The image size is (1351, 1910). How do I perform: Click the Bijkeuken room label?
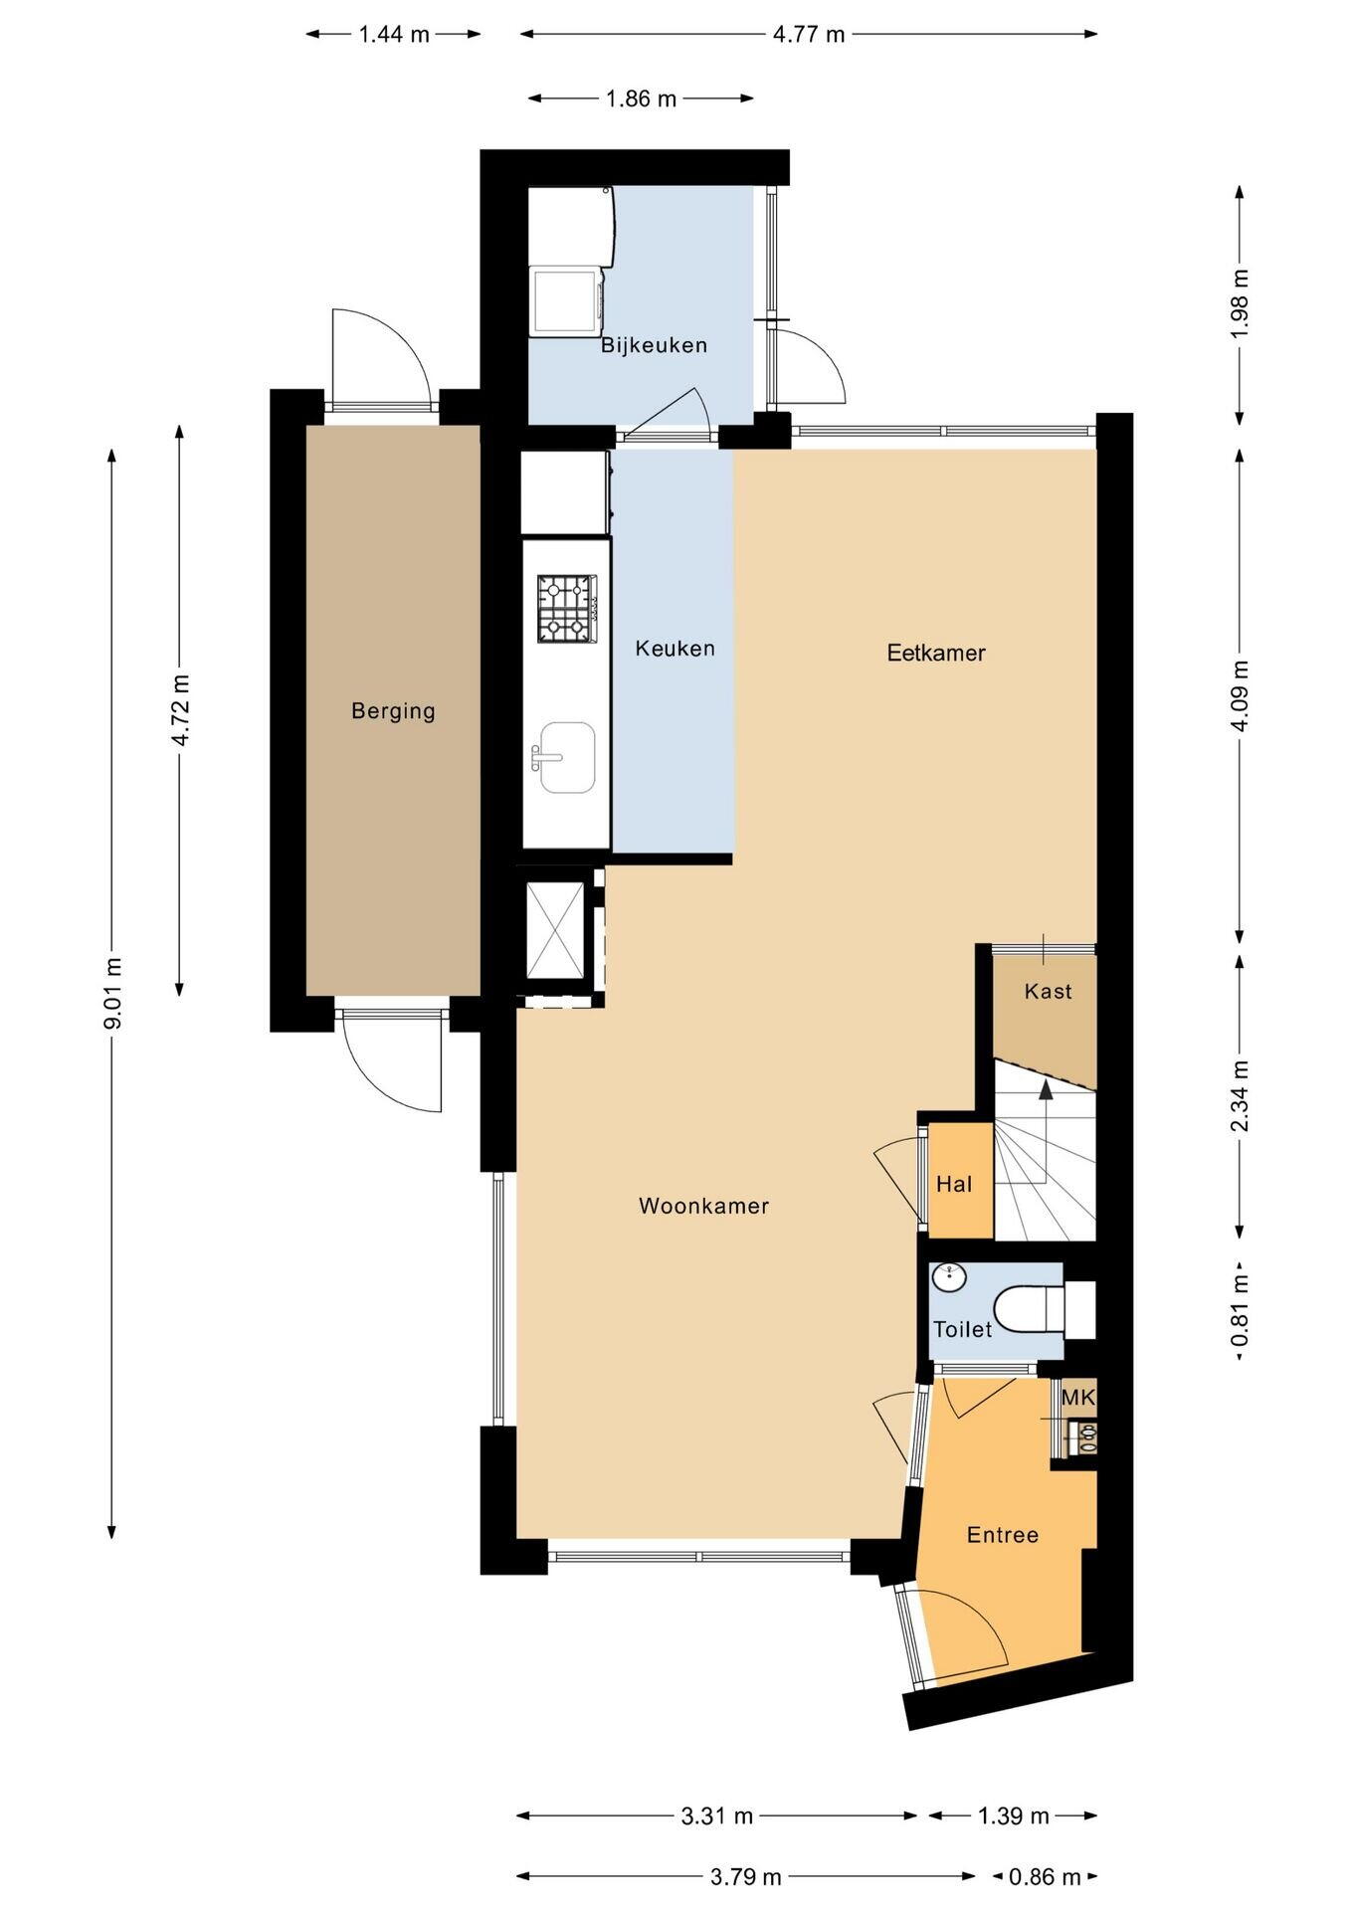[x=654, y=345]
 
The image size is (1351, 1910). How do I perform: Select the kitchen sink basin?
[x=567, y=758]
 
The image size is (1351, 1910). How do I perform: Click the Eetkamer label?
[x=936, y=653]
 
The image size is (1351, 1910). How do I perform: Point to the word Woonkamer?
[x=703, y=1206]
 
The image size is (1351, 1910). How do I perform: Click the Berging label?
[x=393, y=711]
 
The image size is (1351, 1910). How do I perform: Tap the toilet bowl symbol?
[x=1029, y=1310]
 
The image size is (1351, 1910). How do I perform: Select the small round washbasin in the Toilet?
[x=949, y=1277]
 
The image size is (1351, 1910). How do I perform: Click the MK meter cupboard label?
[x=1078, y=1398]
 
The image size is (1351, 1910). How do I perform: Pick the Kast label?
[x=1049, y=991]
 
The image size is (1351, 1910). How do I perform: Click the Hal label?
[x=954, y=1184]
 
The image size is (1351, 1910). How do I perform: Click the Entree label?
[x=1003, y=1535]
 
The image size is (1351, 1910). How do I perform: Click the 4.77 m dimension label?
[x=809, y=34]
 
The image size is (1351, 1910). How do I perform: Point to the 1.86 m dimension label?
[x=641, y=98]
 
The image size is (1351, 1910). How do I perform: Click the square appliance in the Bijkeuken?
[x=566, y=302]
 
